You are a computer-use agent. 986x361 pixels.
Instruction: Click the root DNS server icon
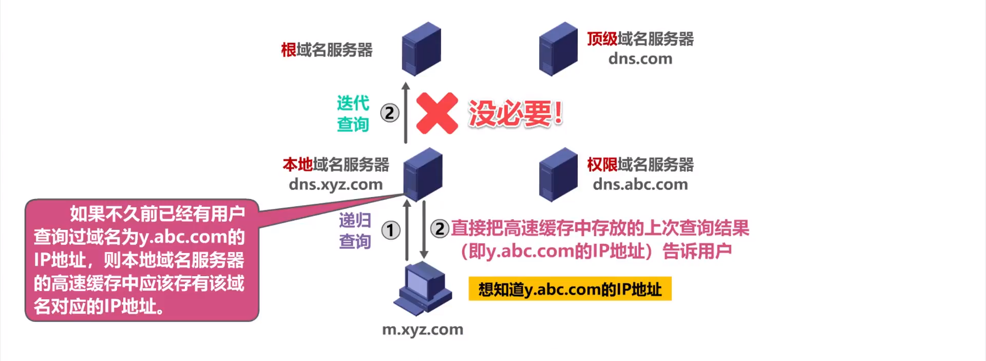point(421,49)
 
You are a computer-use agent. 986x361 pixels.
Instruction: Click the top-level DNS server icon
point(558,49)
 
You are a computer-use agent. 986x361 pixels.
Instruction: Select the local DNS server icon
point(423,174)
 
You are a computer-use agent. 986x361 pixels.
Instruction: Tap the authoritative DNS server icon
point(558,174)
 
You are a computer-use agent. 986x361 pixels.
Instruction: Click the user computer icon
point(422,288)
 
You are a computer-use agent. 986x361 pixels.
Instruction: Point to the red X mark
point(437,113)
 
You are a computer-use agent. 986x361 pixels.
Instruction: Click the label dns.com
point(640,59)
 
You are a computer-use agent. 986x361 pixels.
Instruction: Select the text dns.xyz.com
point(335,184)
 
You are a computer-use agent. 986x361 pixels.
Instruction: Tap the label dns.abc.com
point(640,184)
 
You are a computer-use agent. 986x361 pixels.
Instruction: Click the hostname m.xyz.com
point(422,329)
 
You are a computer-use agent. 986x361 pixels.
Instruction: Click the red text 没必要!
point(515,113)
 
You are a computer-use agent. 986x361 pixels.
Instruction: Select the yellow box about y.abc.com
point(570,289)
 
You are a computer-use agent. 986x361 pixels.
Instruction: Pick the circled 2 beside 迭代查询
point(390,113)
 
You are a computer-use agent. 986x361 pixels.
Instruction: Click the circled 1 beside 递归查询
point(390,230)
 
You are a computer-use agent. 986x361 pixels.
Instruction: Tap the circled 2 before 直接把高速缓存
point(440,228)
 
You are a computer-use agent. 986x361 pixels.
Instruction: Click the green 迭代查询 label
point(353,113)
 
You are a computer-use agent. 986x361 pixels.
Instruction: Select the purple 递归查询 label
point(354,230)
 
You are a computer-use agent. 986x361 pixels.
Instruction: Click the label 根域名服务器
point(327,50)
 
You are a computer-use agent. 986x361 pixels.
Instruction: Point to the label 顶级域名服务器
point(640,39)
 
